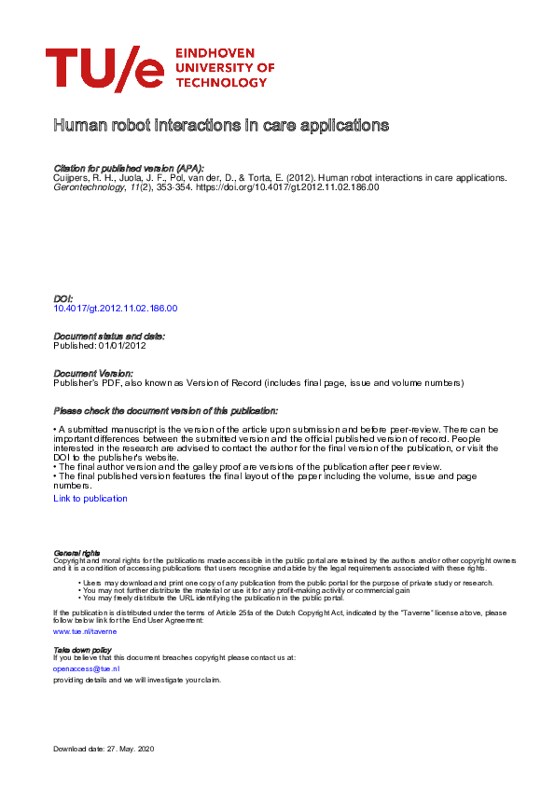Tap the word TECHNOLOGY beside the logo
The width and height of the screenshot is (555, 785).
pyautogui.click(x=220, y=83)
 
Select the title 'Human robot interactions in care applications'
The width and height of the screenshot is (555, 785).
pyautogui.click(x=221, y=125)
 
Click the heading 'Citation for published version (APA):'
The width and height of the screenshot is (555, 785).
pyautogui.click(x=129, y=167)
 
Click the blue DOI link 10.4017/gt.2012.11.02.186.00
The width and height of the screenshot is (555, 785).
pyautogui.click(x=116, y=308)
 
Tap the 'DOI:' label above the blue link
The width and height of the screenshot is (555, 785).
pyautogui.click(x=63, y=298)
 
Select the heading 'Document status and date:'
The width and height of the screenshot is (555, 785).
pyautogui.click(x=109, y=336)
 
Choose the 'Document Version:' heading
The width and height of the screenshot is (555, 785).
pyautogui.click(x=93, y=373)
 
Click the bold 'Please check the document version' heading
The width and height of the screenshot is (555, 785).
pyautogui.click(x=165, y=411)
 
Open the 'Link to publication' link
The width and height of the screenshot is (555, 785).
pyautogui.click(x=90, y=499)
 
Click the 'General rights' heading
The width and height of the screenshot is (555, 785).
pyautogui.click(x=76, y=553)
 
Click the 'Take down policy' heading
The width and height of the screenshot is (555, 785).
pyautogui.click(x=82, y=649)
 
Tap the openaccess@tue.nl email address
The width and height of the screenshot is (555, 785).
pyautogui.click(x=86, y=668)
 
